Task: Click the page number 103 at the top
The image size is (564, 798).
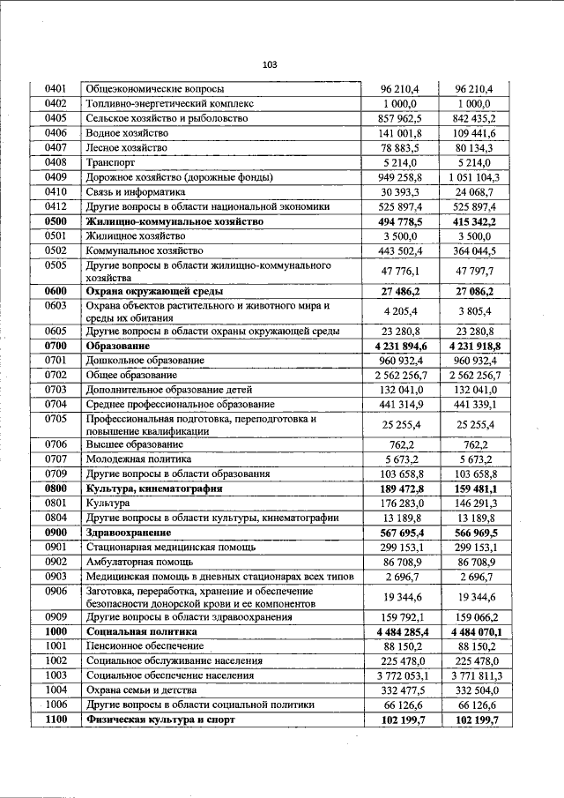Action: point(270,64)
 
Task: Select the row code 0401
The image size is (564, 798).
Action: point(56,89)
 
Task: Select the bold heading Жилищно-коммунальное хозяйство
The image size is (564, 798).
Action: point(174,221)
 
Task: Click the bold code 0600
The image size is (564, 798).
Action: point(56,290)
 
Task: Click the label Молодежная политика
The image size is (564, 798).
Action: point(137,459)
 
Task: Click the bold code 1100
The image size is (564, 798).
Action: point(56,720)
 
